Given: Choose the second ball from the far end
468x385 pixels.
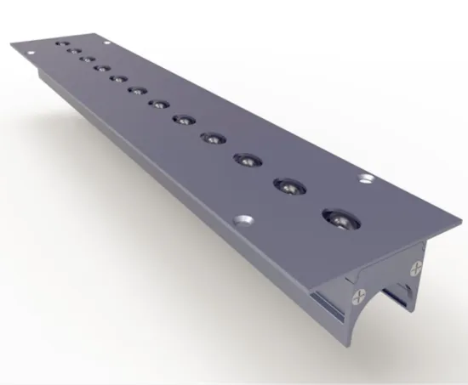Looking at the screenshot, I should point(72,50).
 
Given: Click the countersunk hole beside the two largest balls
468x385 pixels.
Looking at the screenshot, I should point(367,179).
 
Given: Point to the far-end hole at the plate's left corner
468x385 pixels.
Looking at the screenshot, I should point(32,52).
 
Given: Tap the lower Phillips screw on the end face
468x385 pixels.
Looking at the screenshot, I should point(357,297).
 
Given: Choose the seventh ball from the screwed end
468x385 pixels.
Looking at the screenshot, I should point(136,89).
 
